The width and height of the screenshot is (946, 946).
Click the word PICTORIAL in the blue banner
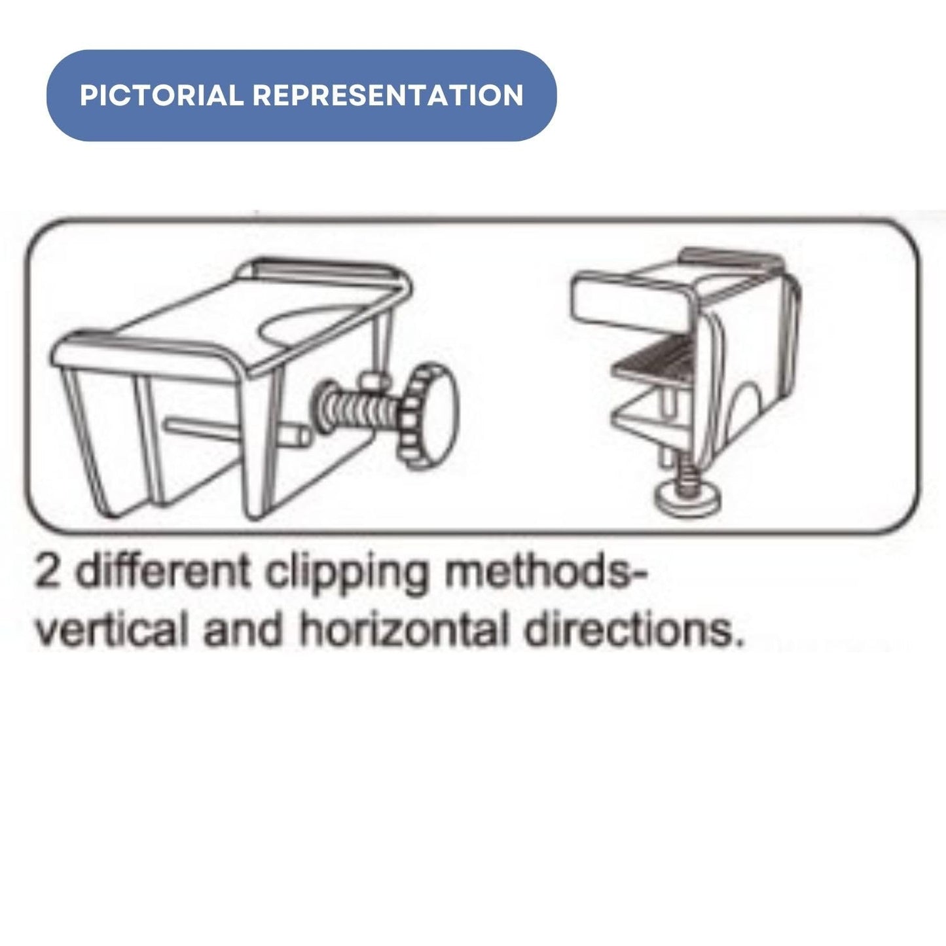coord(162,95)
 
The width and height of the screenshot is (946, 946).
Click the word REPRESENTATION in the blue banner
coord(388,95)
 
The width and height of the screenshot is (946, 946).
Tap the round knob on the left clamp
coord(429,416)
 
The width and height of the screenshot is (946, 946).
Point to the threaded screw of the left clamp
coord(358,407)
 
